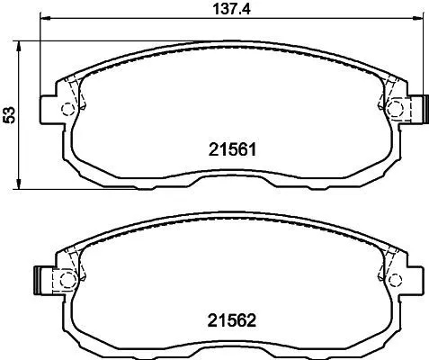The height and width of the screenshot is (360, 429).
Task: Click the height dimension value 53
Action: click(10, 114)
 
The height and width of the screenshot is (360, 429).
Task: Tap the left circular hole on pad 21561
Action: click(66, 110)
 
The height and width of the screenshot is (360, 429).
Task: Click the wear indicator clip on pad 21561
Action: click(416, 108)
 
